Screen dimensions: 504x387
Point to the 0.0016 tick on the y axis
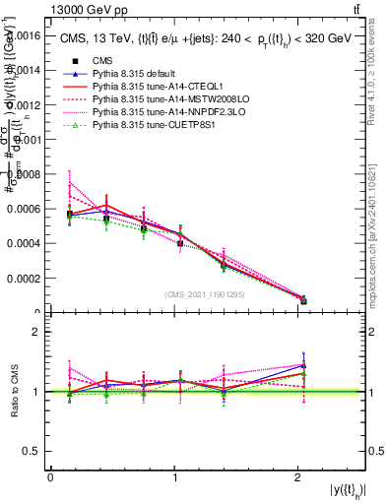[27, 34]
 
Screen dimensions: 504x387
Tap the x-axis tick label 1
[174, 477]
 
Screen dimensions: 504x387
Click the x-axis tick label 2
[298, 477]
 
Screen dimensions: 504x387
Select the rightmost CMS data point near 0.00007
[303, 301]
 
